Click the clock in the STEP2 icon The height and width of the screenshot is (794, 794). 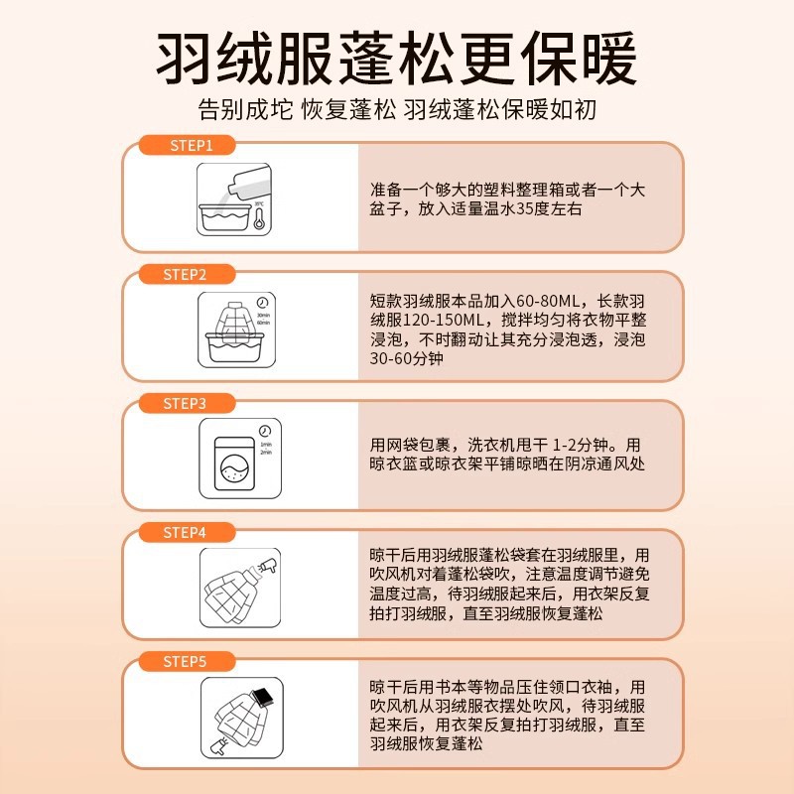261,303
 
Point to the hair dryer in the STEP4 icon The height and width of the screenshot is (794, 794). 266,569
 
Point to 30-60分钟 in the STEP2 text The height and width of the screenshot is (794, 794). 406,358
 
